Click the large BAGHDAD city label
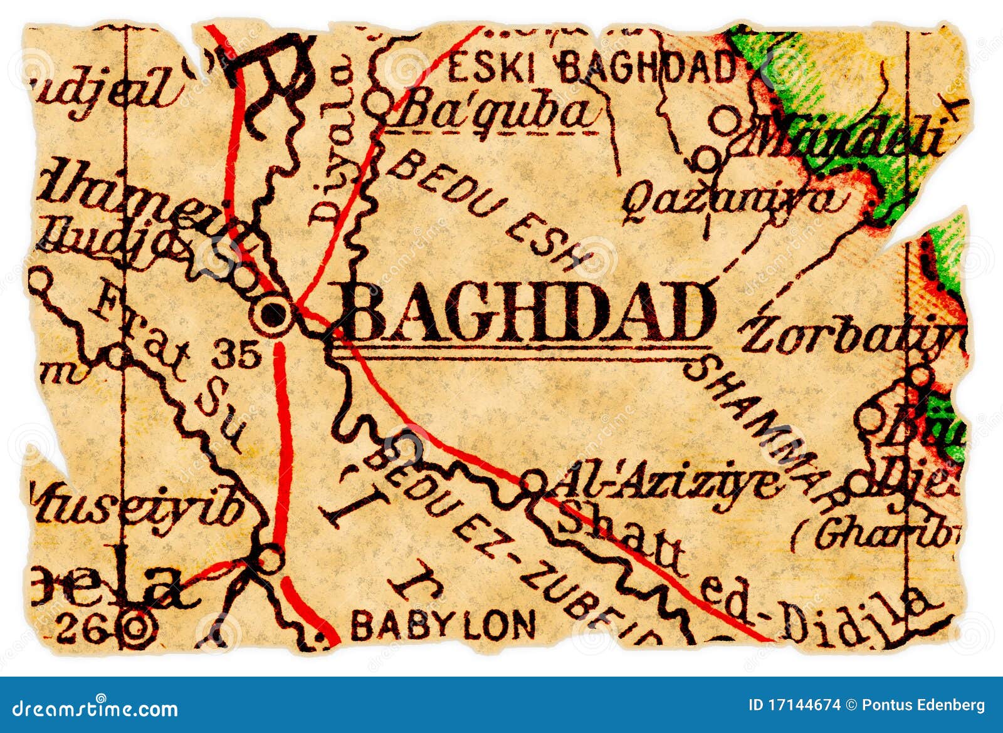(x=527, y=311)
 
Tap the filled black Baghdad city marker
(x=273, y=315)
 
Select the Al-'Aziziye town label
(x=668, y=482)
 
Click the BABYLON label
(x=443, y=625)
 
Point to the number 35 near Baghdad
(x=235, y=356)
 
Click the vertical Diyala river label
(x=328, y=147)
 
